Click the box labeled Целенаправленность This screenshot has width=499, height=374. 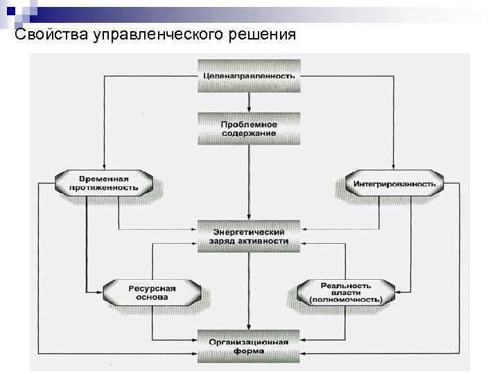249,75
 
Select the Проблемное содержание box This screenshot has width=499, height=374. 249,128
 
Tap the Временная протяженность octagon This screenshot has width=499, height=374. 104,183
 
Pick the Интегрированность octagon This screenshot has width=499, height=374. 394,184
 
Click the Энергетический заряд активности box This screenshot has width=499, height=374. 249,236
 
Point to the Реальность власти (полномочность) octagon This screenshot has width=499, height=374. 346,292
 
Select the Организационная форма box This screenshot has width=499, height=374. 249,346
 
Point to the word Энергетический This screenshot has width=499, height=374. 249,231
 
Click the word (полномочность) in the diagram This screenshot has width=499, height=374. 346,301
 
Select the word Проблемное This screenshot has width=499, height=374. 249,124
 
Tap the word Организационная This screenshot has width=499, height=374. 249,341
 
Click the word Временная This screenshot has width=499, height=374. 104,179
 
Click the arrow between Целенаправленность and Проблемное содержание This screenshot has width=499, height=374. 249,101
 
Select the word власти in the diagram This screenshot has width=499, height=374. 346,292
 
